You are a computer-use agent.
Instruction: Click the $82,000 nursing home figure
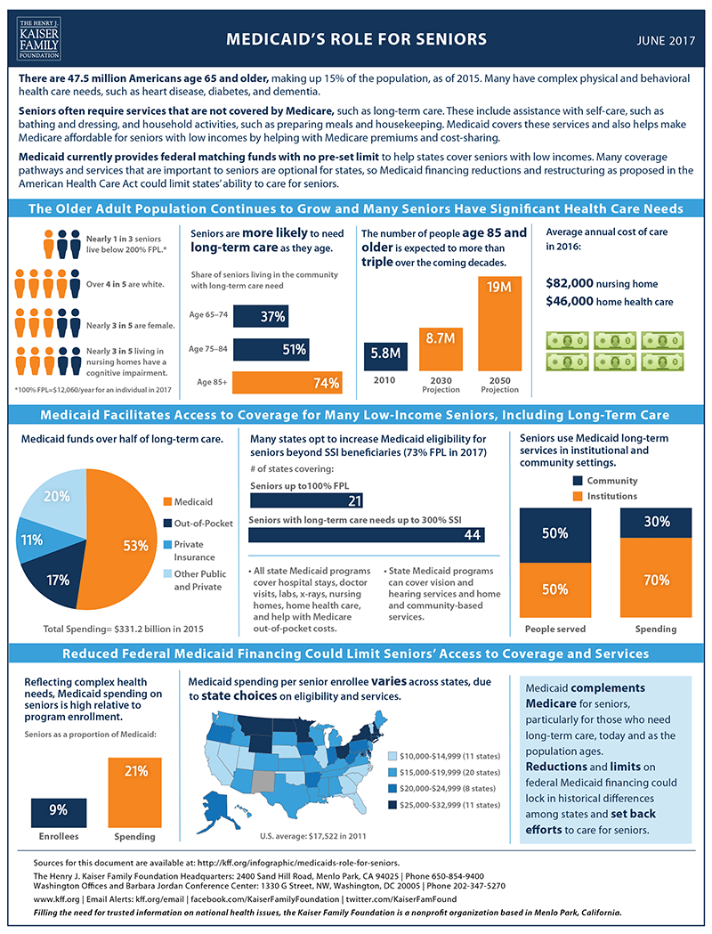(x=601, y=283)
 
